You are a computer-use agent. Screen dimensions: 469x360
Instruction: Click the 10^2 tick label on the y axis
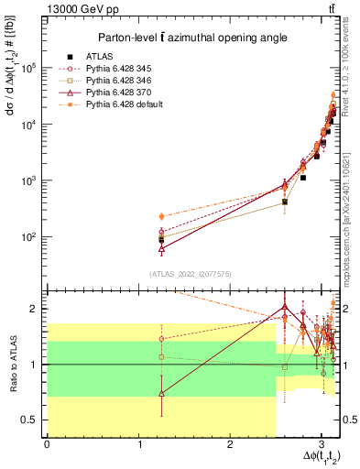(31, 236)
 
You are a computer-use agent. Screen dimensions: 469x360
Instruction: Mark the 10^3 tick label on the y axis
(31, 180)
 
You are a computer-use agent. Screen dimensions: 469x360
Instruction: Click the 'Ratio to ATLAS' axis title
(13, 365)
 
